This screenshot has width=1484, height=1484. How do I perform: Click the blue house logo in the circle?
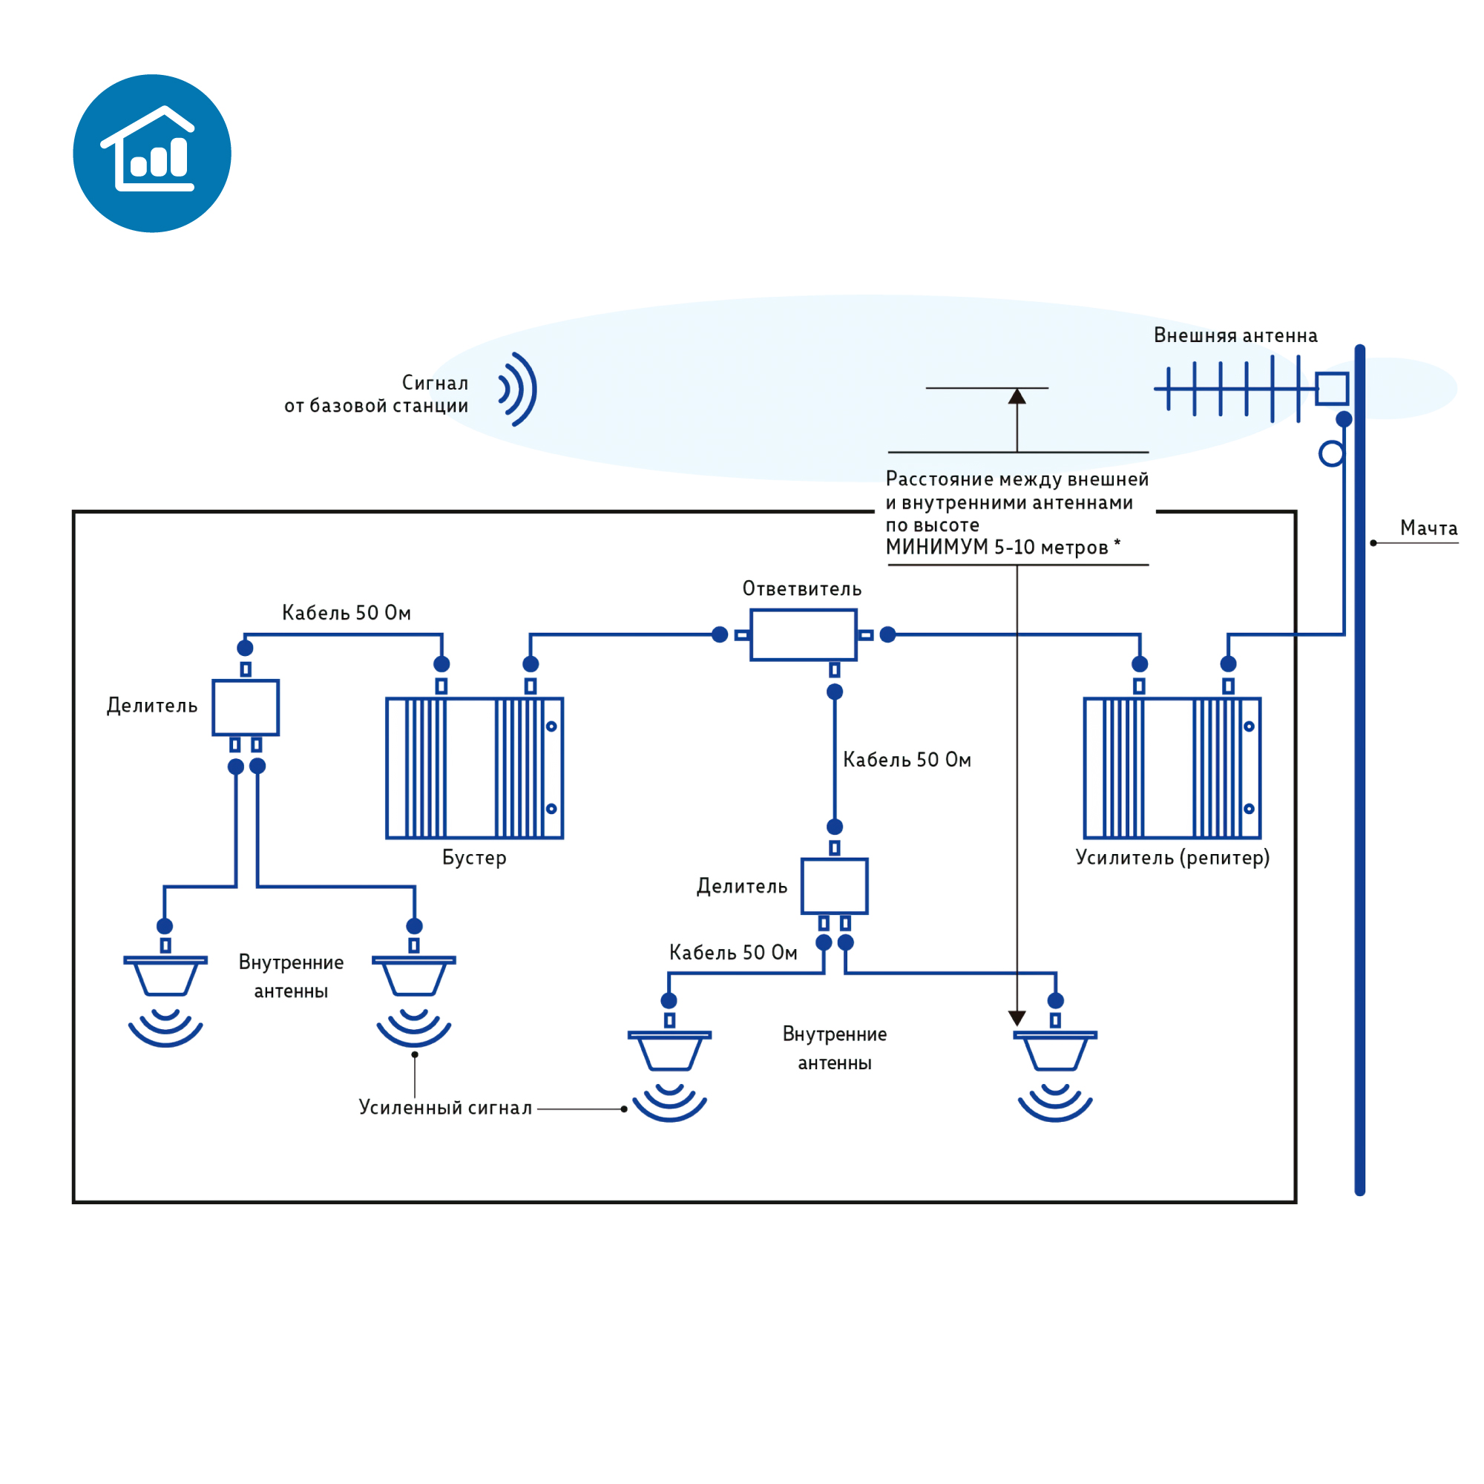coord(152,153)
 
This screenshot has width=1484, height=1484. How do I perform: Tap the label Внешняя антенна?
coord(1235,335)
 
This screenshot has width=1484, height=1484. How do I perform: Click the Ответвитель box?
coord(803,634)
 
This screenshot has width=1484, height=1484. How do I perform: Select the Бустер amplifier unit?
coord(474,767)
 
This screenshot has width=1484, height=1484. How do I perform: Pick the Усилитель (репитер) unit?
coord(1172,767)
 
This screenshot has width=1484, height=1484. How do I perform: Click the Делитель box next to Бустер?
coord(245,707)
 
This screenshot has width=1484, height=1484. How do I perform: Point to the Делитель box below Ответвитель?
coord(834,886)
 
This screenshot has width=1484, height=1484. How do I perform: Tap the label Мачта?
coord(1428,528)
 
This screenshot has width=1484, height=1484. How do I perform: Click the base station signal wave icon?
coord(518,389)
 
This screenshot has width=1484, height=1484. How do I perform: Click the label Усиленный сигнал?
coord(445,1108)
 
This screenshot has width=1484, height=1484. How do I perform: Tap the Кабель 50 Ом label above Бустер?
coord(347,612)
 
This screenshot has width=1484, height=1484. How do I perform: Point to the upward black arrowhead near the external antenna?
coord(1017,396)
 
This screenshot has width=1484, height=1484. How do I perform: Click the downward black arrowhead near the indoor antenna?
coord(1017,1018)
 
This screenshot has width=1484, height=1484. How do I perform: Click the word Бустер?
coord(474,857)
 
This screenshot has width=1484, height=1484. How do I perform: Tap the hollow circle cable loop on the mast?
coord(1331,454)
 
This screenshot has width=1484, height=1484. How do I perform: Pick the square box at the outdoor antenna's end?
coord(1331,389)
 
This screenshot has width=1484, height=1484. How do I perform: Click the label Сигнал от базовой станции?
coord(375,394)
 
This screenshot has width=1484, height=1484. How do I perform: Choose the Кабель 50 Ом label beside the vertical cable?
coord(907,760)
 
